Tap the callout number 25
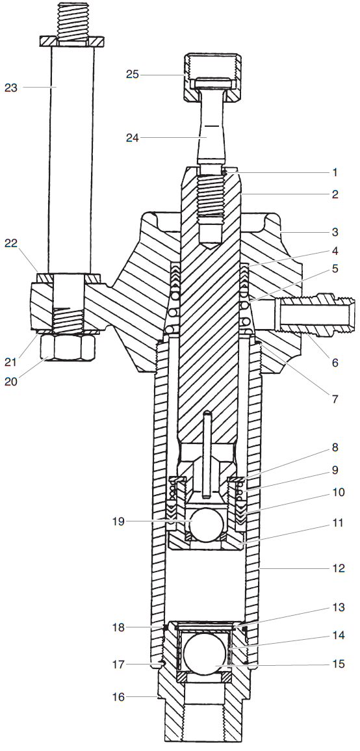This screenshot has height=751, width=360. (x=133, y=75)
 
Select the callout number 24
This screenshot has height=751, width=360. (x=133, y=137)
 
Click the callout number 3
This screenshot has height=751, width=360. (x=335, y=231)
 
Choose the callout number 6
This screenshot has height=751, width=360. (x=335, y=363)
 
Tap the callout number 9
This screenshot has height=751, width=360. (x=335, y=469)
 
